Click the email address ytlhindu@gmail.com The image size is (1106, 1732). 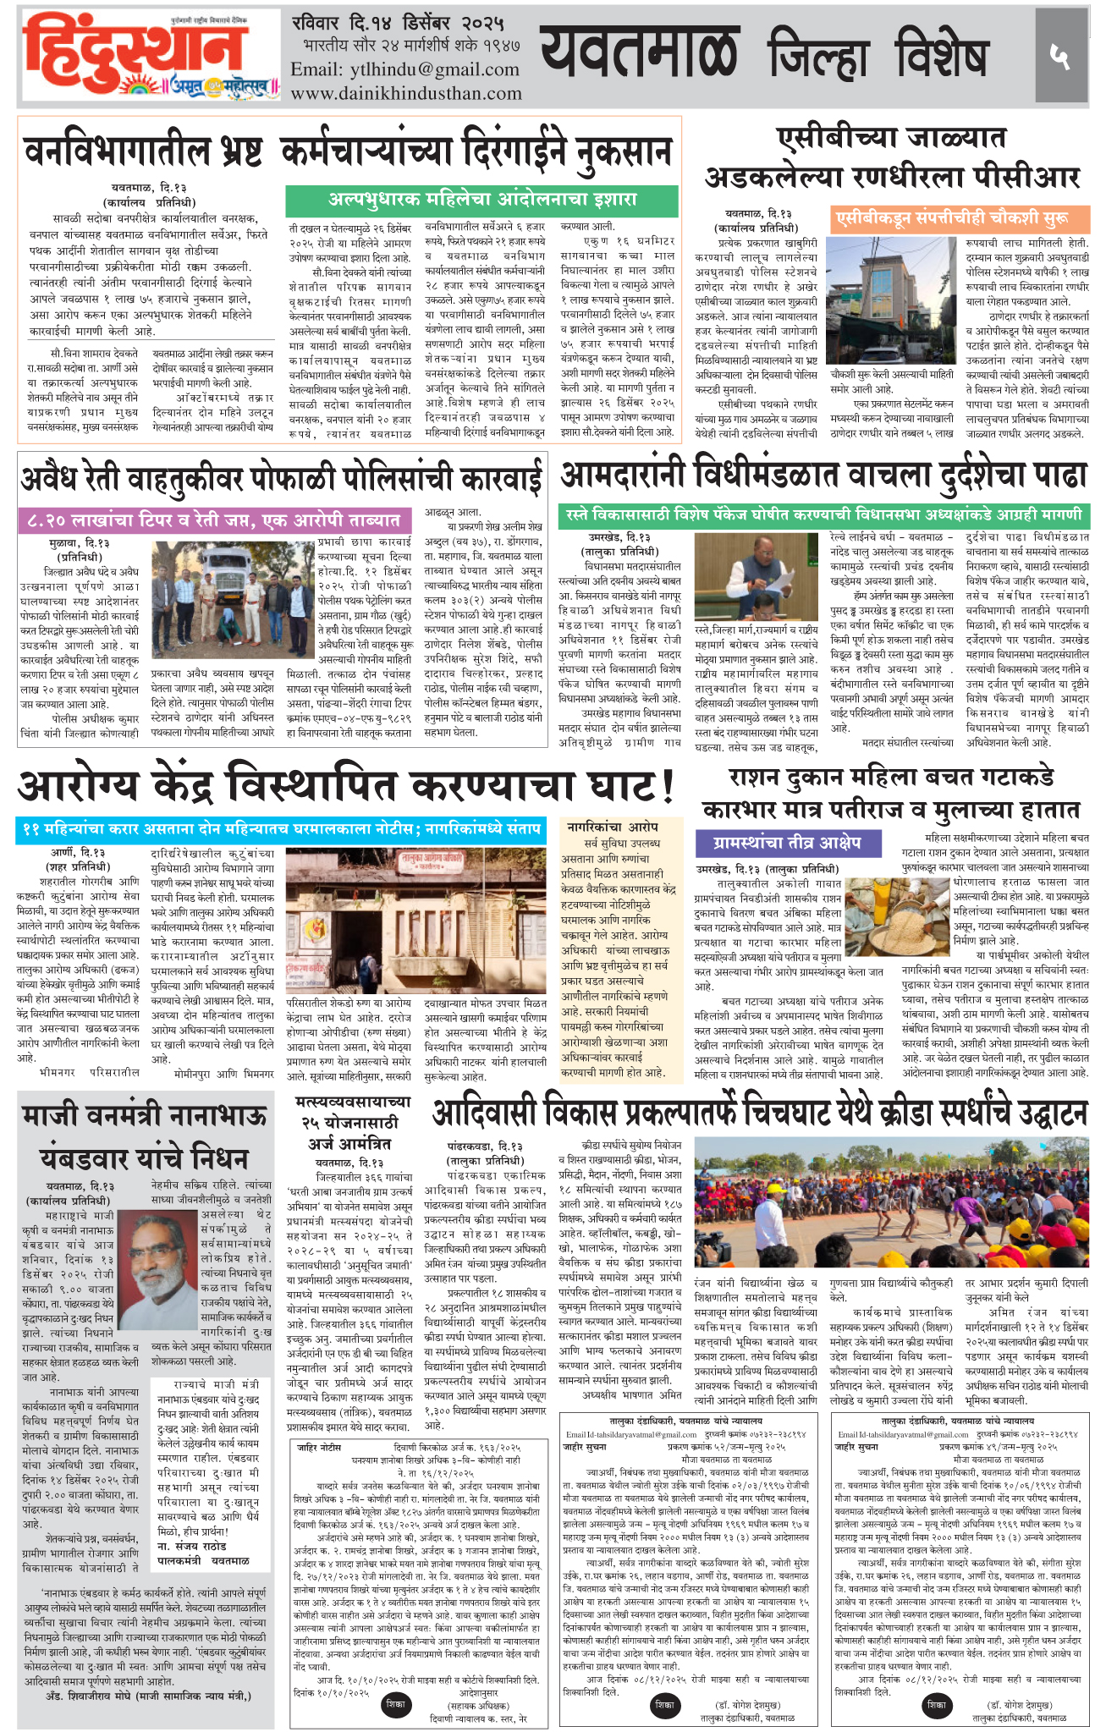(404, 69)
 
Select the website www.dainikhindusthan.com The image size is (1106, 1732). (406, 93)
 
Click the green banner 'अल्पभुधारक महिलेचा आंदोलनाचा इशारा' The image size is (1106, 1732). (481, 201)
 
